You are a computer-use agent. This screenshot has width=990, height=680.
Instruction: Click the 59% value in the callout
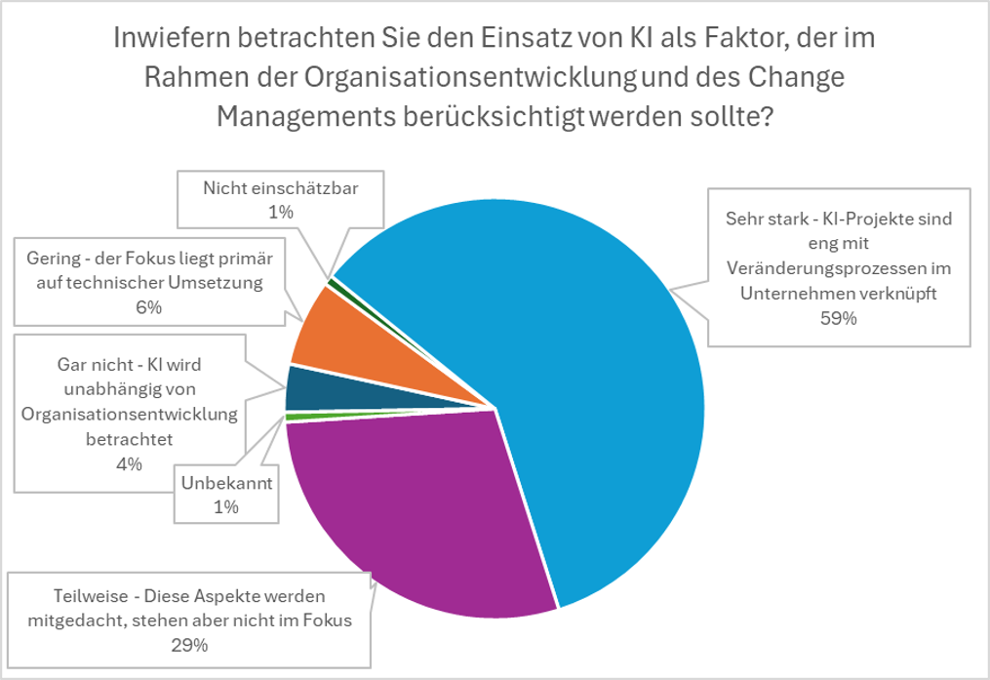click(x=838, y=320)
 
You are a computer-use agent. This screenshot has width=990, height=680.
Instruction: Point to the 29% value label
click(x=190, y=645)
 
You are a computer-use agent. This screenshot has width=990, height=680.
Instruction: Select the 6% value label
click(x=150, y=308)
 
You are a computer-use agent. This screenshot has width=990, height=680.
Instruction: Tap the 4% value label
click(x=129, y=463)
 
